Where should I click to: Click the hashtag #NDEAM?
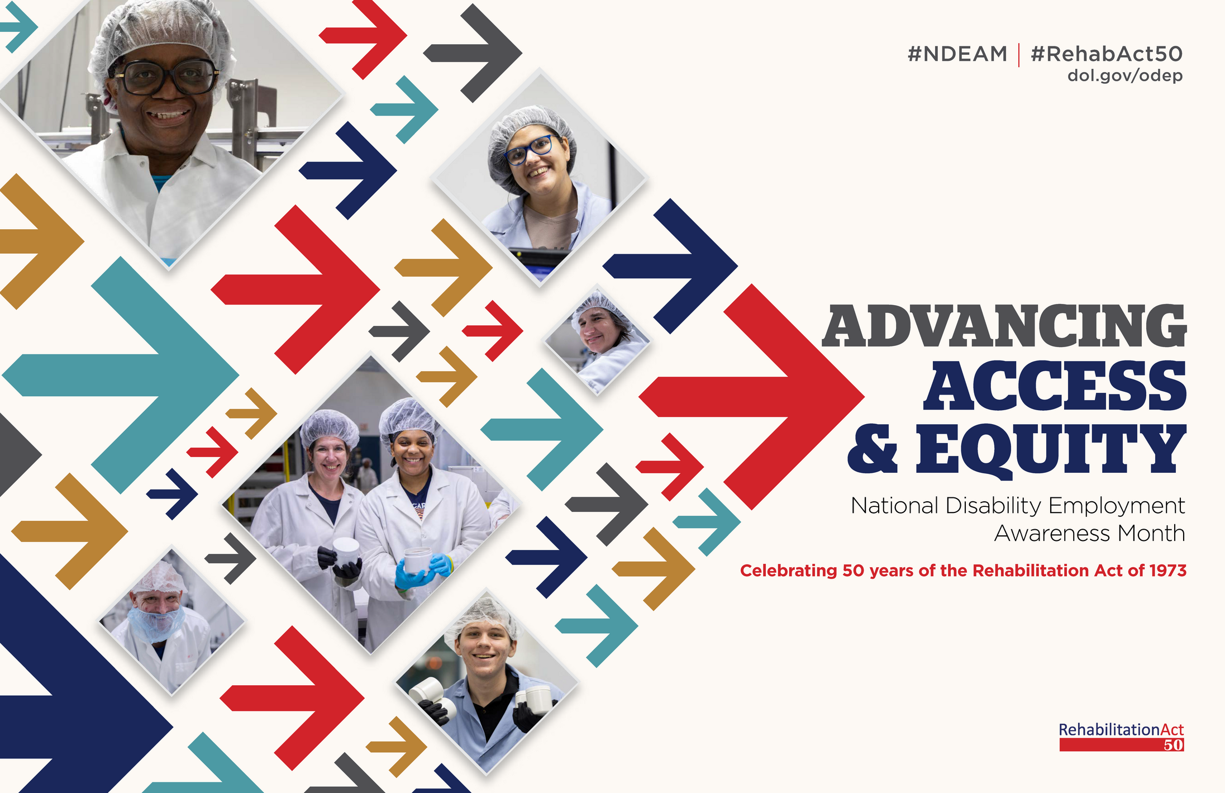957,54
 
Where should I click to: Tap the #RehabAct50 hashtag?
1107,54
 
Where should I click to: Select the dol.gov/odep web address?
1125,75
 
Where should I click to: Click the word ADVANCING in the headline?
1004,326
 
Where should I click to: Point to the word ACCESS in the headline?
1055,386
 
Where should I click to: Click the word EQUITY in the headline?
1051,449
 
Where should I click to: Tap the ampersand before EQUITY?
873,449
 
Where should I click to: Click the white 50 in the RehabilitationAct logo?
1174,745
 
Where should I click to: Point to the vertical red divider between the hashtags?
1019,55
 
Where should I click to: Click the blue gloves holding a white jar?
422,570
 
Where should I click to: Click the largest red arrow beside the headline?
752,397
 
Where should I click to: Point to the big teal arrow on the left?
120,375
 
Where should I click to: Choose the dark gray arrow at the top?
473,53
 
